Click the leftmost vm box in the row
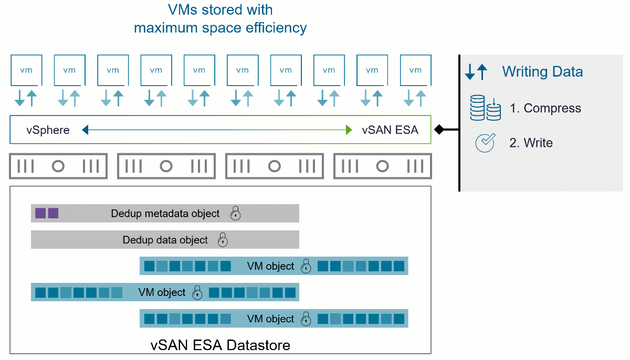(x=26, y=70)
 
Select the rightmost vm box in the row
(x=416, y=70)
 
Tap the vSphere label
(x=48, y=130)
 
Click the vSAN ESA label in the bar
(x=390, y=130)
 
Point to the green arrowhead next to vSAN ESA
(x=349, y=130)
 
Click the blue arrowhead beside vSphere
(x=85, y=130)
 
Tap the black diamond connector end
(x=439, y=130)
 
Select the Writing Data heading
(x=542, y=71)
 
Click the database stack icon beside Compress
(x=486, y=108)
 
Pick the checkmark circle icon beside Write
(x=485, y=143)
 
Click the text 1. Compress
(x=545, y=108)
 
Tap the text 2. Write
(x=531, y=143)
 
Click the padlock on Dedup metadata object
(x=235, y=213)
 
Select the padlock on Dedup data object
(x=223, y=240)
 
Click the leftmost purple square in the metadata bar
(x=40, y=213)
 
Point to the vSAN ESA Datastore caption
(x=220, y=345)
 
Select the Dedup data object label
(x=165, y=240)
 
